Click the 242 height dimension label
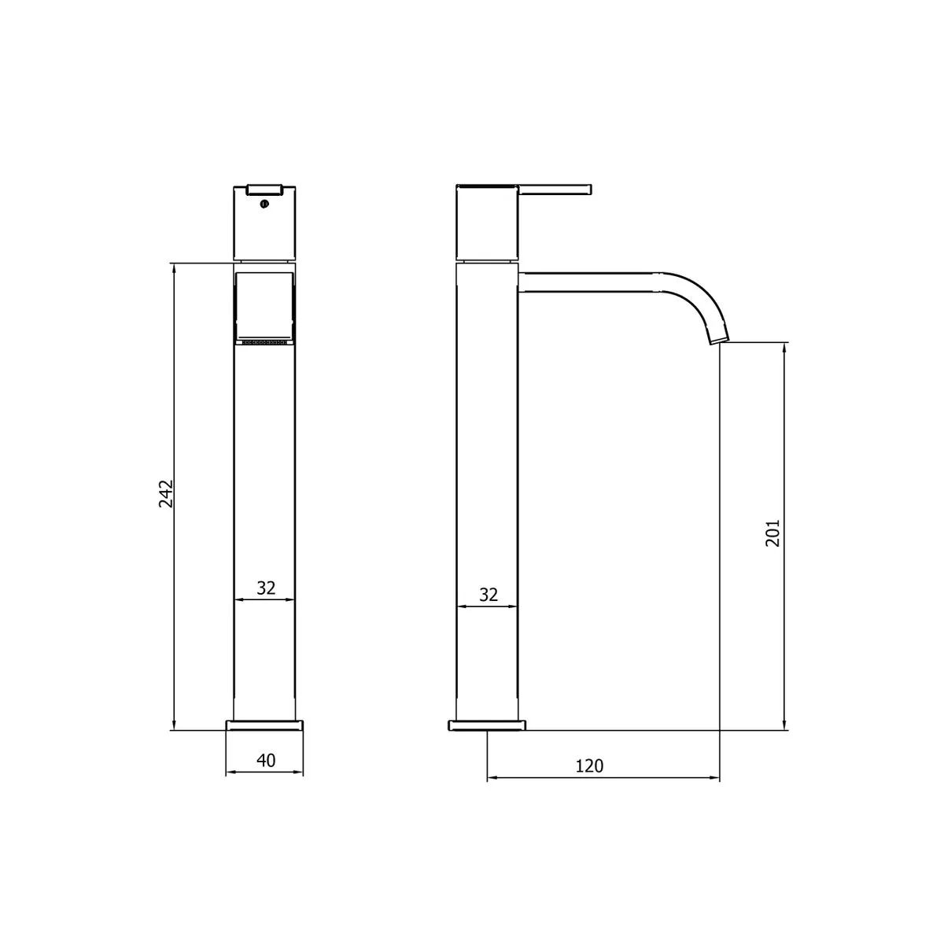coord(166,493)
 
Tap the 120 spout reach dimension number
coord(590,765)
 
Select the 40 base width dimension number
coord(266,760)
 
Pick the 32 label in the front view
coord(266,588)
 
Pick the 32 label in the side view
coord(489,595)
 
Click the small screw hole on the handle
coord(264,205)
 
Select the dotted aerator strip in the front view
coord(265,342)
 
